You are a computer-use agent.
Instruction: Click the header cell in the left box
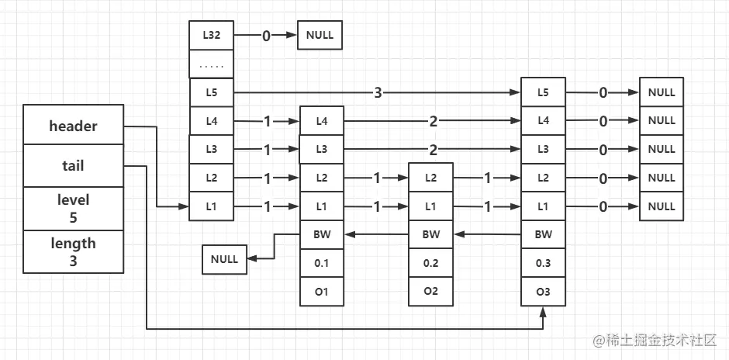pos(73,126)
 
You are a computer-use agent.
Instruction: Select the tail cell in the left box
pos(73,166)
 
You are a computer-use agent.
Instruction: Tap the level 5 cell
pos(73,209)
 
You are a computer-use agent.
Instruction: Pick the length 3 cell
pos(73,252)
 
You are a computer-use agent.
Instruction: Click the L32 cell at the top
pos(211,35)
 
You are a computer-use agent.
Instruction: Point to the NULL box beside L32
pos(320,35)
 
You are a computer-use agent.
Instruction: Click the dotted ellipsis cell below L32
pos(211,64)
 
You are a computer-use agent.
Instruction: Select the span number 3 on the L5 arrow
pos(378,93)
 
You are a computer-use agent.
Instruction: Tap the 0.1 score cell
pos(322,263)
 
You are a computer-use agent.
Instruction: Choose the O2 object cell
pos(431,292)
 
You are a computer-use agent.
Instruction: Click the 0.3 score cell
pos(543,263)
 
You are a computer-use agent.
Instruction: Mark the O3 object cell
pos(543,292)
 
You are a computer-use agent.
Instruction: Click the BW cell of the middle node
pos(431,234)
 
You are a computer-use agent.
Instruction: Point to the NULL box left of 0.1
pos(225,259)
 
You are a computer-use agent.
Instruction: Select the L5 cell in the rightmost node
pos(543,92)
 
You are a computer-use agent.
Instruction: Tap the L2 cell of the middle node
pos(431,177)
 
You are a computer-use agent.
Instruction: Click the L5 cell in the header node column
pos(211,93)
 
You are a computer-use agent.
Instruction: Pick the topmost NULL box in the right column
pos(661,92)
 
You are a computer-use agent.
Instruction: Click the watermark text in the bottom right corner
pos(656,340)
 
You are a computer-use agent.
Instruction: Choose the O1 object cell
pos(322,292)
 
